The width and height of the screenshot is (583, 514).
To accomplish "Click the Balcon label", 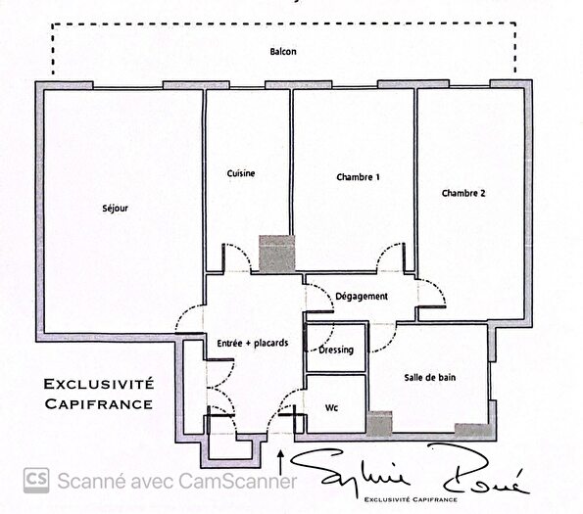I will coord(283,52).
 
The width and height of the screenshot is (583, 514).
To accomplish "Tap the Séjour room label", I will coord(116,209).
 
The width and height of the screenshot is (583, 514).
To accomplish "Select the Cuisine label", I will coord(241,174).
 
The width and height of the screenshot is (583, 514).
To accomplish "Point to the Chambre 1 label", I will coord(358,178).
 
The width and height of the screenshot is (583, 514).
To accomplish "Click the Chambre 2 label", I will coord(463,193).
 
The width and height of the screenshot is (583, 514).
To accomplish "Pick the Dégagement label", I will coord(362,296).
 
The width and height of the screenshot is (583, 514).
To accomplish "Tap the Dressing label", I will coord(337,350).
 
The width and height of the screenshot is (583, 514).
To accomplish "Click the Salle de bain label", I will coord(430,377).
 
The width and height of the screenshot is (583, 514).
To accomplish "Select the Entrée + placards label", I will coord(253,343).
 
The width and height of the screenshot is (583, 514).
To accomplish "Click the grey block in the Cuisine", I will coord(276,255).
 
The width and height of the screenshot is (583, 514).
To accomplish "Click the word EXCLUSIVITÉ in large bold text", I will coord(97,383).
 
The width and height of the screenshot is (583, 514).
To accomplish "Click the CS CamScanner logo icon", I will coord(37,480).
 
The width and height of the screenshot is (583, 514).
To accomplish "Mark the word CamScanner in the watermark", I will coord(235,481).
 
